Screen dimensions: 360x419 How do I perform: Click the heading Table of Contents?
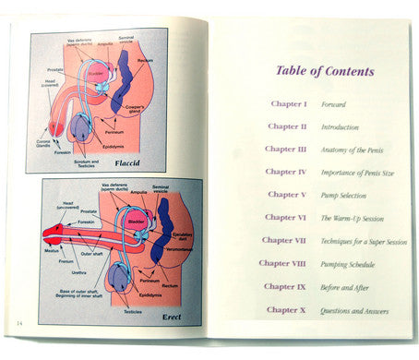[325, 71]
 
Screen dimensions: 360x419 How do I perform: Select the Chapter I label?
[288, 104]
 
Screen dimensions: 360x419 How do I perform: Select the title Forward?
[333, 105]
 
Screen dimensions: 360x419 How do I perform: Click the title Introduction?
[340, 127]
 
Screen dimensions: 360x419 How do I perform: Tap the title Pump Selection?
[344, 196]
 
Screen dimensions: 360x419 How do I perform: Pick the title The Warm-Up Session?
[352, 219]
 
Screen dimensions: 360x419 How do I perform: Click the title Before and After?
[346, 288]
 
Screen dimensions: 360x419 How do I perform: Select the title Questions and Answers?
[354, 311]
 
